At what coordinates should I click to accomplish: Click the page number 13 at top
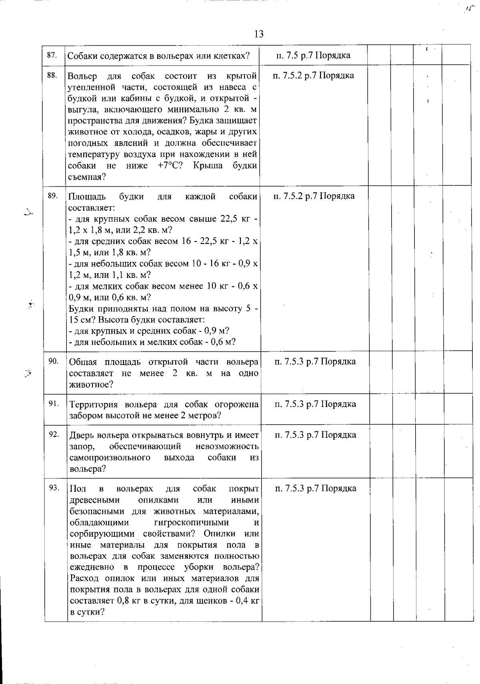click(x=258, y=34)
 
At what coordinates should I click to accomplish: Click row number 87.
click(x=52, y=55)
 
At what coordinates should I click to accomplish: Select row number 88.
click(x=52, y=75)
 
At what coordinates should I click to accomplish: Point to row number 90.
click(x=53, y=361)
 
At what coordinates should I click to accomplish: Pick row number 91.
click(x=54, y=403)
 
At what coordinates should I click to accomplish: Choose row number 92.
click(x=54, y=435)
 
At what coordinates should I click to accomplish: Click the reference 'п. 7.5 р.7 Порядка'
click(x=313, y=55)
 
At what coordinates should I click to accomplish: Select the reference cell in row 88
click(x=313, y=75)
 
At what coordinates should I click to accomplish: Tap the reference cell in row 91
click(x=315, y=404)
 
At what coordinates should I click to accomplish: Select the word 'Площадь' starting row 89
click(x=87, y=196)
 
